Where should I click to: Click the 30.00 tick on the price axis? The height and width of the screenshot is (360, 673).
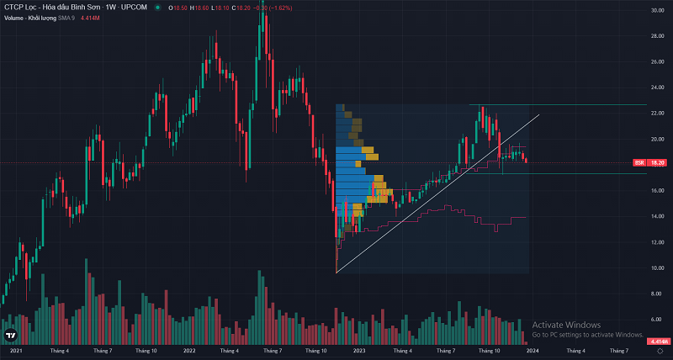tap(658, 10)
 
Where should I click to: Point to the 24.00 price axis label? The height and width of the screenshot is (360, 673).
tap(658, 87)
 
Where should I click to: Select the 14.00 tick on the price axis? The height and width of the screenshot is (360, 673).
tap(658, 216)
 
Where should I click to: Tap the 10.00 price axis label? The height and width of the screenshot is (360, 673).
tap(658, 267)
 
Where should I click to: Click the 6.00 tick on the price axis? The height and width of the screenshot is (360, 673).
tap(658, 320)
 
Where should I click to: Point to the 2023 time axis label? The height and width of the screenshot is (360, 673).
tap(359, 350)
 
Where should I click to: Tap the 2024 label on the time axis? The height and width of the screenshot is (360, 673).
tap(533, 350)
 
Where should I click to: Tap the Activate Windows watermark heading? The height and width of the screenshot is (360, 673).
tap(566, 325)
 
